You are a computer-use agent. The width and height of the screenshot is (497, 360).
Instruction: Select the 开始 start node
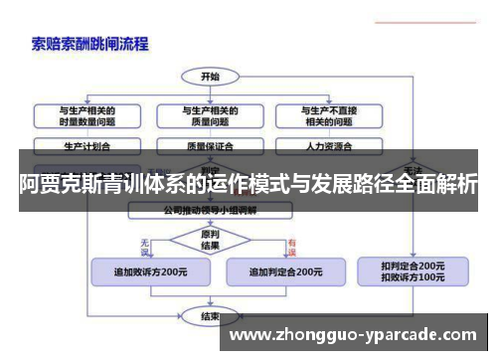click(209, 76)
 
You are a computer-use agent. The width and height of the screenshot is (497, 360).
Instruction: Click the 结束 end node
click(210, 317)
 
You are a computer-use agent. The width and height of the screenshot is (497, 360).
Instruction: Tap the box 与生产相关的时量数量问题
click(86, 116)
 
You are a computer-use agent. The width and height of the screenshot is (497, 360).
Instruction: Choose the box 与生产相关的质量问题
click(209, 116)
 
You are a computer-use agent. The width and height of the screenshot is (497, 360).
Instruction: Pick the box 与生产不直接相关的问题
click(327, 116)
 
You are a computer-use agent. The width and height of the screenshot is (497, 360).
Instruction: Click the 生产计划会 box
click(86, 145)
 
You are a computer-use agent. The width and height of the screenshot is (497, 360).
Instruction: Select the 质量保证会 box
click(209, 145)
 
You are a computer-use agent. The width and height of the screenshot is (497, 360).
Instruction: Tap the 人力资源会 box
click(327, 145)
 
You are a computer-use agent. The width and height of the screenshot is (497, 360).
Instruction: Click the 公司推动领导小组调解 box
click(210, 211)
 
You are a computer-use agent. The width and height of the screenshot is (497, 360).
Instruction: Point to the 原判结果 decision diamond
click(210, 240)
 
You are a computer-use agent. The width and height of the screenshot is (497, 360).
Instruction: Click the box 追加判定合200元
click(284, 270)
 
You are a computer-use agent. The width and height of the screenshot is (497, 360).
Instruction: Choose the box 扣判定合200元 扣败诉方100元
click(412, 271)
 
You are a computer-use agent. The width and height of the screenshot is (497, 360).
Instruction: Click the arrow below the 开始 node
click(209, 91)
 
